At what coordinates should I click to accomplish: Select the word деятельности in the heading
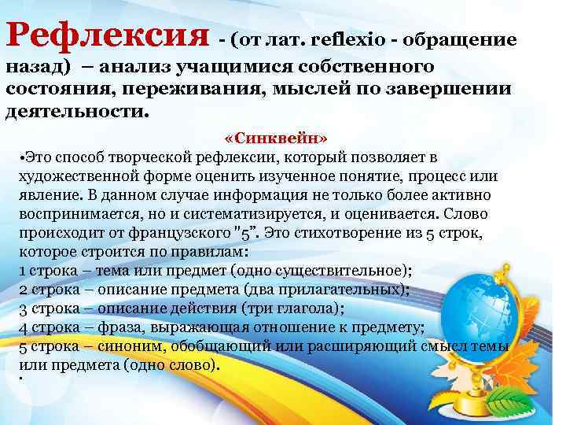73,110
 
